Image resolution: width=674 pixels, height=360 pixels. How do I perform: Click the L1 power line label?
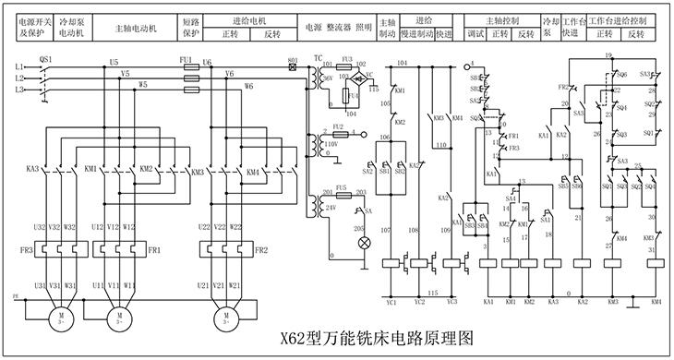(x=19, y=67)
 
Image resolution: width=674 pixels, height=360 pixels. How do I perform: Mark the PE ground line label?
(x=15, y=297)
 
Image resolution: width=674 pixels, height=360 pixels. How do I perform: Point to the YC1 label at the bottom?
(x=391, y=302)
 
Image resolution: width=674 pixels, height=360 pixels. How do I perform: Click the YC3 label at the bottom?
(x=451, y=302)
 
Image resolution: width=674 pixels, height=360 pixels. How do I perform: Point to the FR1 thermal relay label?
(x=154, y=250)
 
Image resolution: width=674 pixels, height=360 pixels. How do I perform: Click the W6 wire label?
(x=249, y=86)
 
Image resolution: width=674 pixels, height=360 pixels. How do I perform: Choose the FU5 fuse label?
(x=341, y=187)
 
